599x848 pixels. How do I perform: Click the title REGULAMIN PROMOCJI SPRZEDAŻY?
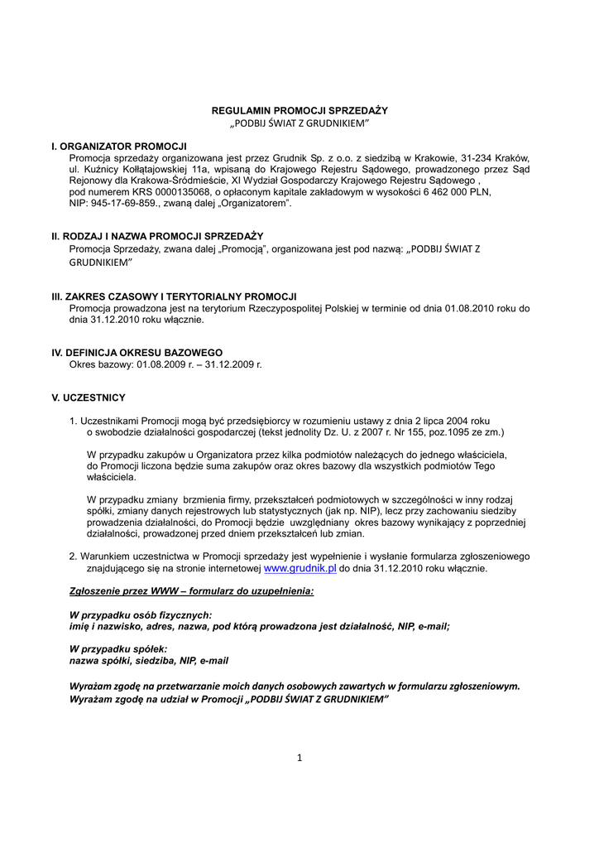click(x=299, y=110)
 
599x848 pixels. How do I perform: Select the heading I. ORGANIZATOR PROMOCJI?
click(x=119, y=146)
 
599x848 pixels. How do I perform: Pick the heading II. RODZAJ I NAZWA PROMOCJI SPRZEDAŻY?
click(x=157, y=236)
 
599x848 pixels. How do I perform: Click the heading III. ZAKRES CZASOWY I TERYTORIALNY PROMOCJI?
click(x=175, y=296)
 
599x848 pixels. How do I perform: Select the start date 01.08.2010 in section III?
click(x=469, y=308)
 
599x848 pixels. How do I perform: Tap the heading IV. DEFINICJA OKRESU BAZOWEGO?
click(x=137, y=352)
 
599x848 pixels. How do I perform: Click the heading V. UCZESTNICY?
click(x=89, y=397)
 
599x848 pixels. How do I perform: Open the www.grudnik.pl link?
click(x=299, y=569)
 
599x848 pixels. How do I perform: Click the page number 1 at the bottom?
click(x=299, y=758)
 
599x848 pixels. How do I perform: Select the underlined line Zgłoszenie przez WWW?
click(x=191, y=592)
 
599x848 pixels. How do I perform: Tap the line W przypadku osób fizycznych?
click(x=141, y=615)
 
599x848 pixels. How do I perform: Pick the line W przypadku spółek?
click(x=118, y=649)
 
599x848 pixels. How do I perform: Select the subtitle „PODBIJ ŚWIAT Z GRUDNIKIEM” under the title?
click(x=299, y=123)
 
